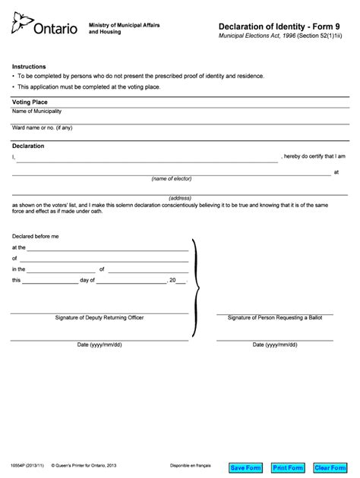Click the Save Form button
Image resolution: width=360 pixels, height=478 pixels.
[x=245, y=467]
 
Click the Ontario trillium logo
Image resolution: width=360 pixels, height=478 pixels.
[x=20, y=26]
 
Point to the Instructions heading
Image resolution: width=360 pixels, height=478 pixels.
[x=29, y=67]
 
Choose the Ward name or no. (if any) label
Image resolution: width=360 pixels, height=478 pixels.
[x=42, y=127]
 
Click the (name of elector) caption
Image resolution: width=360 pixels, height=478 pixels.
[x=172, y=178]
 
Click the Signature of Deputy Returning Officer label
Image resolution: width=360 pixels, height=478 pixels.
[x=99, y=317]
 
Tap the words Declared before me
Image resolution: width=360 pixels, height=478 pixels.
[x=35, y=237]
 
